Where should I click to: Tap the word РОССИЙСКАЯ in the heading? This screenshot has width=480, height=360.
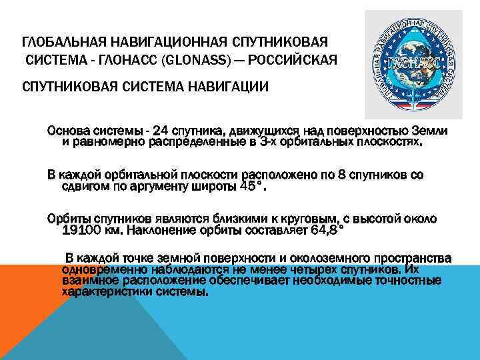[x=300, y=61]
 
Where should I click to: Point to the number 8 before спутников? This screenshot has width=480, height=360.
[x=342, y=175]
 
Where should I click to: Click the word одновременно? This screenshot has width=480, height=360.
[x=101, y=270]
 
